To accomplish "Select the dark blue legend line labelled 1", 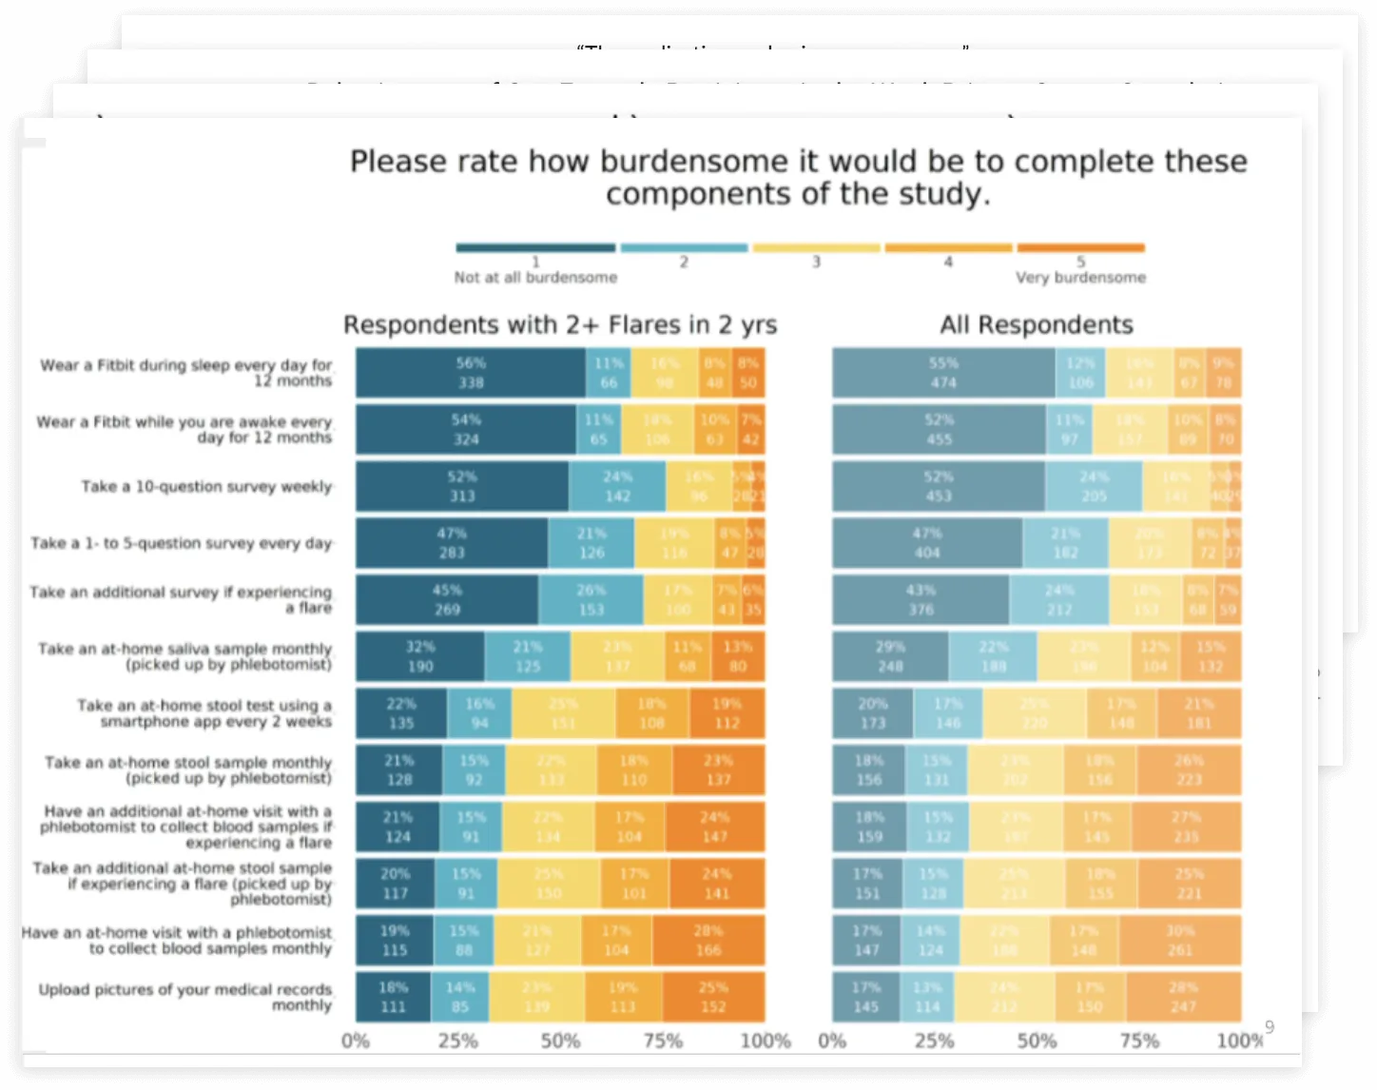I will [x=535, y=248].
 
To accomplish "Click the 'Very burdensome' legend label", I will [x=1080, y=278].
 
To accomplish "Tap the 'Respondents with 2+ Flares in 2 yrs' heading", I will [x=560, y=325].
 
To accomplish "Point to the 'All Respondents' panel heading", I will [x=1037, y=325].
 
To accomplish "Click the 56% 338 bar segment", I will [x=471, y=373].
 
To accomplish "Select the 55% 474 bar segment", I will [x=943, y=373].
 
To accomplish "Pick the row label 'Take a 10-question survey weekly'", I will [x=206, y=487].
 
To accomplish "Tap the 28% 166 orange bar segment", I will [x=708, y=940].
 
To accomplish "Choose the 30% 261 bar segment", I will [x=1180, y=940].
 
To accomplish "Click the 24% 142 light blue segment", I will [x=617, y=486].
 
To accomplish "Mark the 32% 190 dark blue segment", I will [x=420, y=656].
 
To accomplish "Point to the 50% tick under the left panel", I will [x=560, y=1041].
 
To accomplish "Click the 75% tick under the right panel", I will [x=1138, y=1041].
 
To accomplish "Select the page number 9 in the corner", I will [x=1270, y=1027].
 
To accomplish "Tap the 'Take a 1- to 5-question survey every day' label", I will [x=181, y=543].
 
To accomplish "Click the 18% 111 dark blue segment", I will [x=393, y=997].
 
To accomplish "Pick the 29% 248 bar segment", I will [x=890, y=656].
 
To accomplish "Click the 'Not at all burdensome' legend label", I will [x=535, y=278].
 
